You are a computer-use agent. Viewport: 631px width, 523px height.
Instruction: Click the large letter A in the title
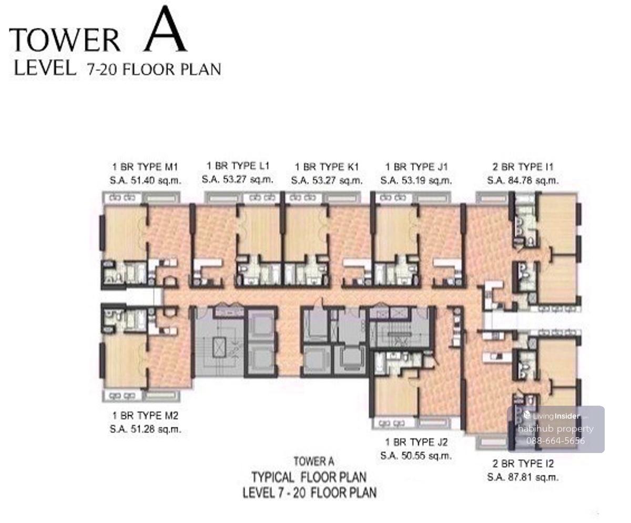165,29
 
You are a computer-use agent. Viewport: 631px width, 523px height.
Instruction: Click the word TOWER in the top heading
65,40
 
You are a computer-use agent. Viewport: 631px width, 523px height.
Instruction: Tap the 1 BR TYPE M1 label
145,167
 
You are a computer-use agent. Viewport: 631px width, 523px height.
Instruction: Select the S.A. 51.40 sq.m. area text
145,180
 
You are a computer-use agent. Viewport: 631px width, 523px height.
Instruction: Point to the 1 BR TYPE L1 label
238,166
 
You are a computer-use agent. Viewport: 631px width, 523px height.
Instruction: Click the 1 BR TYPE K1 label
327,167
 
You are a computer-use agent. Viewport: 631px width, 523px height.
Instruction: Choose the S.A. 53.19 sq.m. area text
416,180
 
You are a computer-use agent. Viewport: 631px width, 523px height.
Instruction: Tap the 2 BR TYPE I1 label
523,167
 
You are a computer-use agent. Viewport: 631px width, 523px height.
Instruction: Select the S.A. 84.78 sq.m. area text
523,180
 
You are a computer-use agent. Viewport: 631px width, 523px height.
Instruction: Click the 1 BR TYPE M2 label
145,416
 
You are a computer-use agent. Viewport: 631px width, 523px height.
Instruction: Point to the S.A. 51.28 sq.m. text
145,429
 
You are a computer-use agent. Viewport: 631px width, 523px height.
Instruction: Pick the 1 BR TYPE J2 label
416,442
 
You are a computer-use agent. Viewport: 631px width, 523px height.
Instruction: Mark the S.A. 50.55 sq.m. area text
416,456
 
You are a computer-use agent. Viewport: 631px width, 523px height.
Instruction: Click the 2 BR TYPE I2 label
523,464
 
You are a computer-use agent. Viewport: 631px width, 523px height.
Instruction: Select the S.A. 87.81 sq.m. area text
523,477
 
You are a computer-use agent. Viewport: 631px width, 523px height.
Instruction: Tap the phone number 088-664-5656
555,441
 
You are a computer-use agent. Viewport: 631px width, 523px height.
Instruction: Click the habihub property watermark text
556,429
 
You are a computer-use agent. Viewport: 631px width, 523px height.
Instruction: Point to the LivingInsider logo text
556,416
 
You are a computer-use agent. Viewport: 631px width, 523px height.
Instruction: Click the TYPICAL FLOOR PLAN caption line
309,477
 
